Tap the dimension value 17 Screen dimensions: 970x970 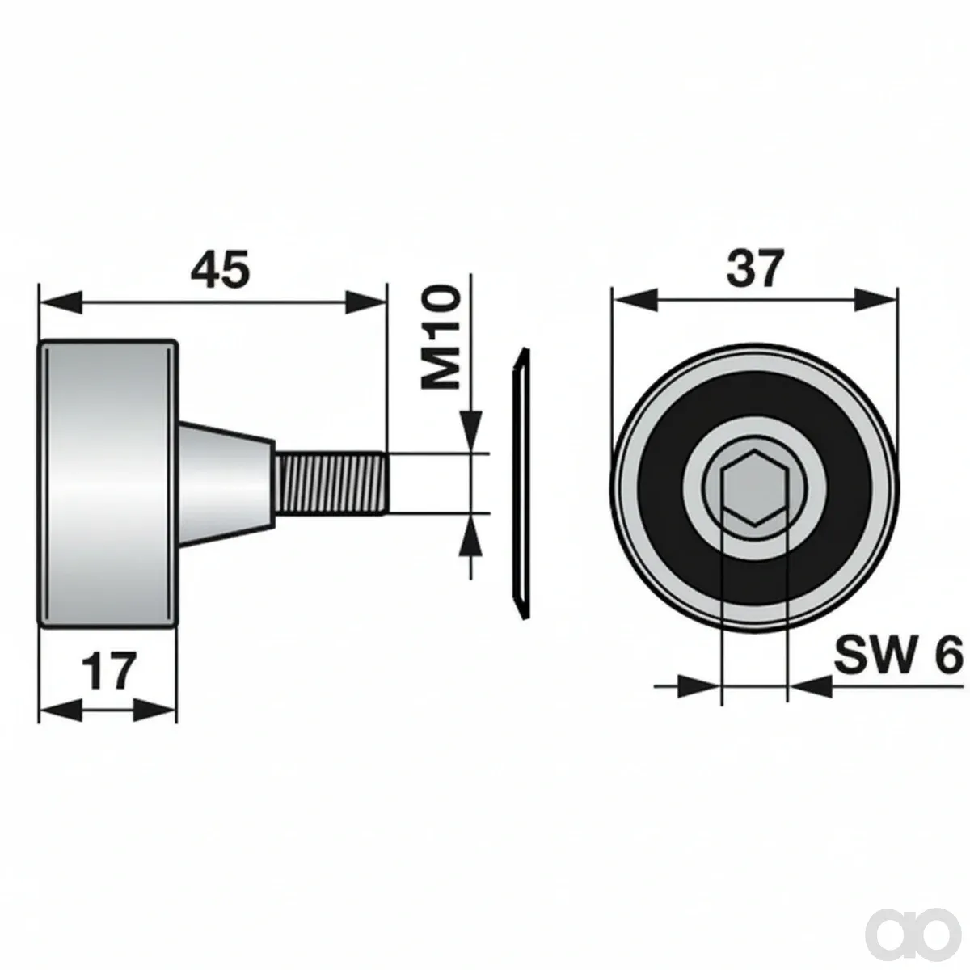(109, 671)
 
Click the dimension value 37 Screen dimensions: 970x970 (755, 268)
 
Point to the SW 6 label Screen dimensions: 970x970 (898, 654)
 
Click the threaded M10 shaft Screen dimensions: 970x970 (331, 483)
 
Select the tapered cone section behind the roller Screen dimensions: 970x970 (226, 484)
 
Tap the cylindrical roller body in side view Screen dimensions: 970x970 (108, 483)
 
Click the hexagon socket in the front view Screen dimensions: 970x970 (754, 487)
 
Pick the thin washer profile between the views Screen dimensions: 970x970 (521, 483)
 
